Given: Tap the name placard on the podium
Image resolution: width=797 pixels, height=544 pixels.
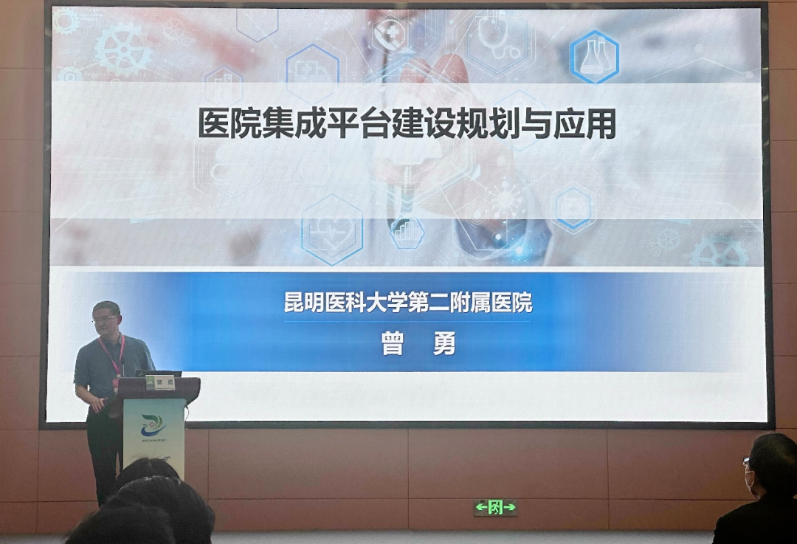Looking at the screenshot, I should click(160, 382).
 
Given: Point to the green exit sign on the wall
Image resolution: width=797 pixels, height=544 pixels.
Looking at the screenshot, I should click(495, 507).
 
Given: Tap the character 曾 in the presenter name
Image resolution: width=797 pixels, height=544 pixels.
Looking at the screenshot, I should click(393, 343).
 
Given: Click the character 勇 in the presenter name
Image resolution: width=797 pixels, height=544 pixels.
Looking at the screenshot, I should click(444, 343).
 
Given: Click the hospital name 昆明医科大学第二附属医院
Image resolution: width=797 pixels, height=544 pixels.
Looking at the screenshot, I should click(408, 303).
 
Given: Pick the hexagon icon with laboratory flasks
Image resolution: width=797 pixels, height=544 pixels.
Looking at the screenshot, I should click(594, 57).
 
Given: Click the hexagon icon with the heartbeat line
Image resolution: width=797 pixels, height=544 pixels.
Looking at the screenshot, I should click(332, 228).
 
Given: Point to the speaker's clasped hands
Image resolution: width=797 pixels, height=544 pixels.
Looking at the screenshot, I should click(103, 403).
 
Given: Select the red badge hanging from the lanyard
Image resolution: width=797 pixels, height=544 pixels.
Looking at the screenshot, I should click(116, 385).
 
